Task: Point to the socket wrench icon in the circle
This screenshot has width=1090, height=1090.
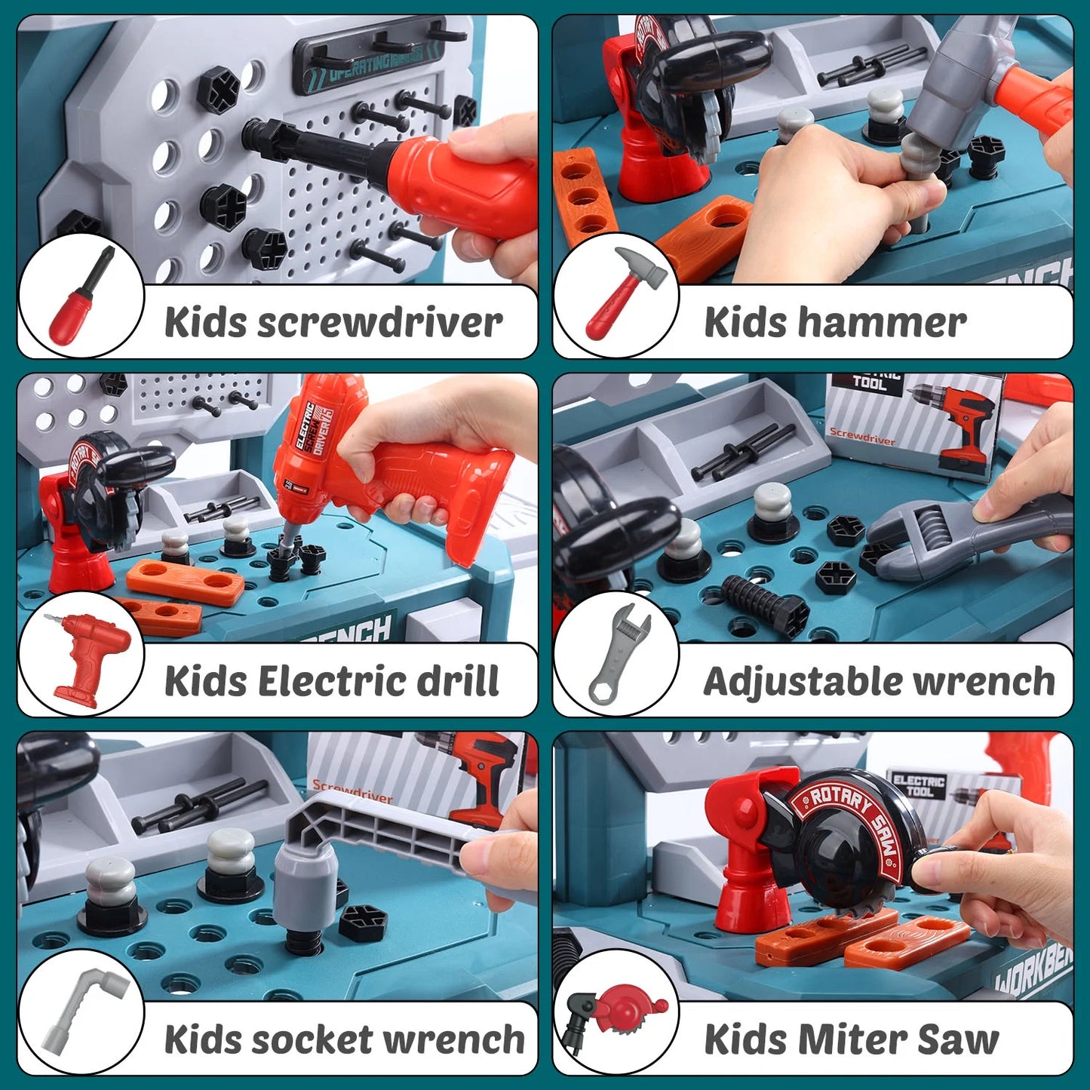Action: tap(81, 1011)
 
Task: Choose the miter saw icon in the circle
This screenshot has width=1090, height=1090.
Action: tap(615, 1015)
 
